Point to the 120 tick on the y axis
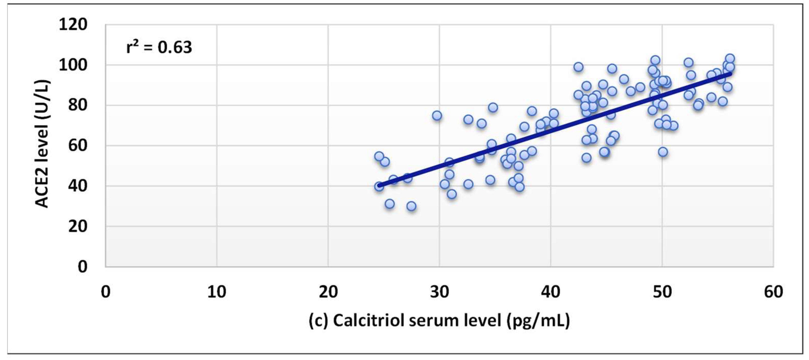coord(73,25)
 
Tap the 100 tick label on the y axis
coord(73,65)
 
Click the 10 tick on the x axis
coord(217,292)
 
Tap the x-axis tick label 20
coord(328,292)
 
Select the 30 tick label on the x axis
coord(439,292)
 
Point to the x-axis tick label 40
coord(551,292)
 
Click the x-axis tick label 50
coord(662,292)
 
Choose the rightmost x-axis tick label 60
coord(773,292)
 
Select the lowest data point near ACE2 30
coord(411,206)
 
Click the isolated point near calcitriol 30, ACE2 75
coord(437,116)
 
